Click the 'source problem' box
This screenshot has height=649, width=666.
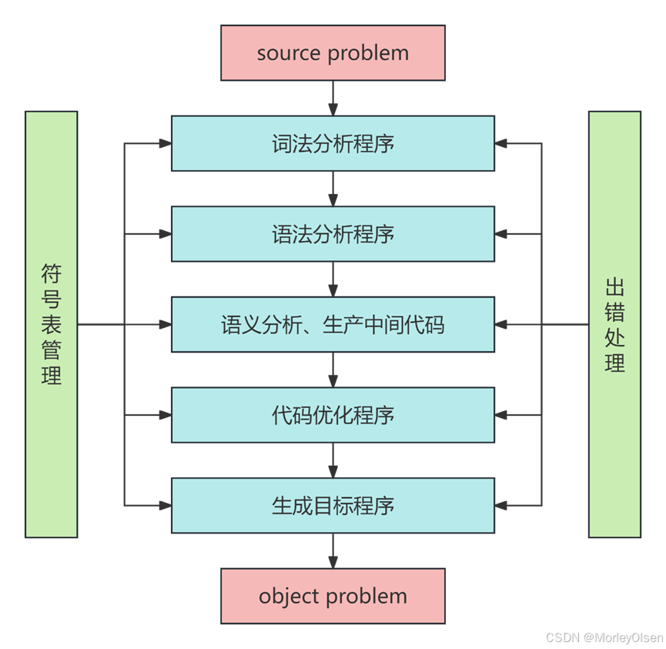pos(333,53)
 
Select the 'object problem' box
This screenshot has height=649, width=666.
pos(333,596)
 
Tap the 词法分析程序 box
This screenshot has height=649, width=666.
pos(333,143)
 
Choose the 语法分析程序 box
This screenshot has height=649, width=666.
pos(333,234)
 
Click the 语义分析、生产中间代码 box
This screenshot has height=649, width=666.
pos(333,325)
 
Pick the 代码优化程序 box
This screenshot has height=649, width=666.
pos(333,415)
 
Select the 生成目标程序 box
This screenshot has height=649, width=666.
pos(333,505)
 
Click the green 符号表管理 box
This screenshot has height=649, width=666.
pos(52,324)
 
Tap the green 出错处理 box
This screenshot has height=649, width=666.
pos(614,324)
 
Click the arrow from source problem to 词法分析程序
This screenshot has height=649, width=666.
pos(333,99)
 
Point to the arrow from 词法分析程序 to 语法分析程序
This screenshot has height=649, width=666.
pos(333,189)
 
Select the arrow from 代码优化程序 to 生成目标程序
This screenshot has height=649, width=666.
pos(333,460)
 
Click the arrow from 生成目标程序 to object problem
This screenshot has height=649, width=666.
pos(333,551)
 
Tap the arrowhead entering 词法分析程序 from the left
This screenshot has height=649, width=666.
pos(164,143)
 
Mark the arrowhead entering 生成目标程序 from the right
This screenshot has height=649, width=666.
pos(502,505)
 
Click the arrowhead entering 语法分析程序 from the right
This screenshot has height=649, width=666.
pos(502,234)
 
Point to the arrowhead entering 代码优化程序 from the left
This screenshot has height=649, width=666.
pos(164,415)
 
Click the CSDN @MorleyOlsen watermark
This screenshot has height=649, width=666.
pos(603,637)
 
